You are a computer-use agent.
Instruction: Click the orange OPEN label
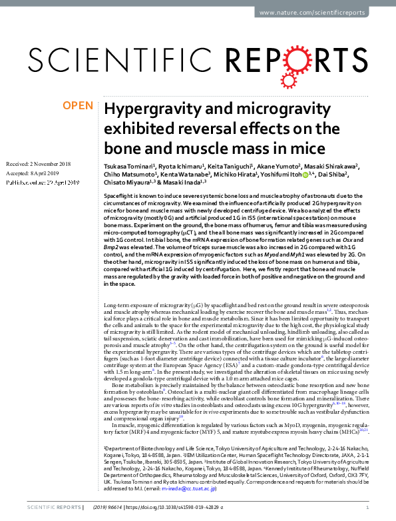point(79,105)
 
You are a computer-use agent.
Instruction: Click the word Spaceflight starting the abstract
point(118,199)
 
